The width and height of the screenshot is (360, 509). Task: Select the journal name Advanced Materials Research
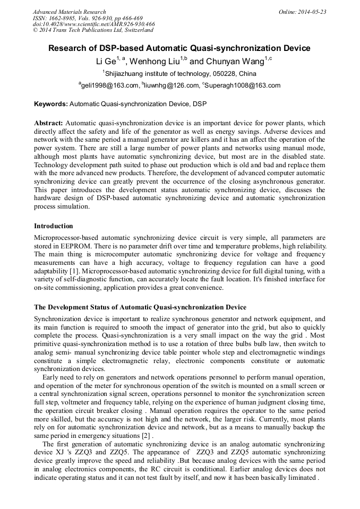coord(69,12)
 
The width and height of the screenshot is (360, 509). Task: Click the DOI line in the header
coord(94,24)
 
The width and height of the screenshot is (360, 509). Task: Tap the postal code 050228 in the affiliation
coord(216,74)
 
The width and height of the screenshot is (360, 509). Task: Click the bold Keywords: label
coord(50,104)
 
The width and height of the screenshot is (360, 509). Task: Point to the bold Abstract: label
coord(49,123)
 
